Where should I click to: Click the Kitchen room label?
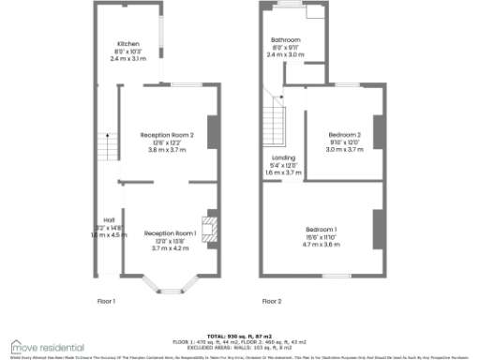(127, 44)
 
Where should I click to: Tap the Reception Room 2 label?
(167, 135)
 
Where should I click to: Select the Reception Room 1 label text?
(170, 232)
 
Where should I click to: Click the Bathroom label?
(286, 40)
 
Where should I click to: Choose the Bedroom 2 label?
(344, 135)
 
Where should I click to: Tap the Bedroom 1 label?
(322, 230)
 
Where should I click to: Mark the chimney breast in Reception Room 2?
(212, 131)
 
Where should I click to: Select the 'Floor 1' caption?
(106, 301)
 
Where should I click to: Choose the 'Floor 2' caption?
(272, 301)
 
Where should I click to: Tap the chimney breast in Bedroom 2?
(378, 131)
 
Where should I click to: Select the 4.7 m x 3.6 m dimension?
(322, 244)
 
